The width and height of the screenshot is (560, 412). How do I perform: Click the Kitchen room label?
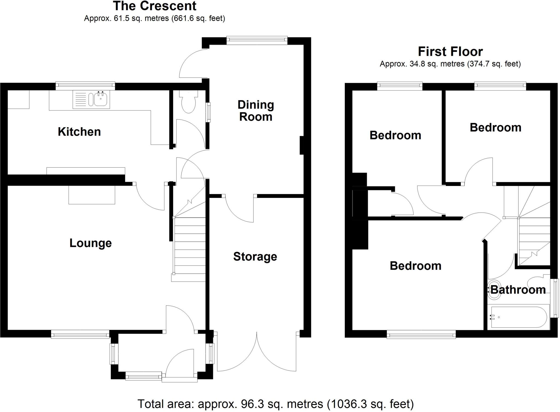(x=79, y=132)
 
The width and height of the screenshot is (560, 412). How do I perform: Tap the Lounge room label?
(x=91, y=243)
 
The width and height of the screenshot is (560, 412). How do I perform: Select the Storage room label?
(x=255, y=256)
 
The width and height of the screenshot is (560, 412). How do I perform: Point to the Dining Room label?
(x=256, y=111)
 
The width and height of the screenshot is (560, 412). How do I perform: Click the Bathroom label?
(x=518, y=290)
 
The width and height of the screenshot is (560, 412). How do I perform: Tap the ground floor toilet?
(x=188, y=103)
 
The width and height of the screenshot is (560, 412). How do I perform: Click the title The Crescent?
(x=154, y=6)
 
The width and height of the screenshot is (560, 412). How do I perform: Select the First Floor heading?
(x=450, y=51)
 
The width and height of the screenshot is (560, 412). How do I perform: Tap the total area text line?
(x=275, y=404)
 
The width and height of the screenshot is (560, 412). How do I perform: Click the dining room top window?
(x=257, y=41)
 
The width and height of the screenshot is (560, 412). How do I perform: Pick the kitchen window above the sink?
(x=85, y=86)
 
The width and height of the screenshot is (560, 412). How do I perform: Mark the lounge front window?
(x=80, y=334)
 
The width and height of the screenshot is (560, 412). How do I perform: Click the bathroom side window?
(x=555, y=298)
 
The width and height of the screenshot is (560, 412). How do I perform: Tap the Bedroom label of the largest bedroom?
(x=415, y=266)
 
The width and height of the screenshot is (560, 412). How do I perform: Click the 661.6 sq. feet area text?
(x=198, y=18)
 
